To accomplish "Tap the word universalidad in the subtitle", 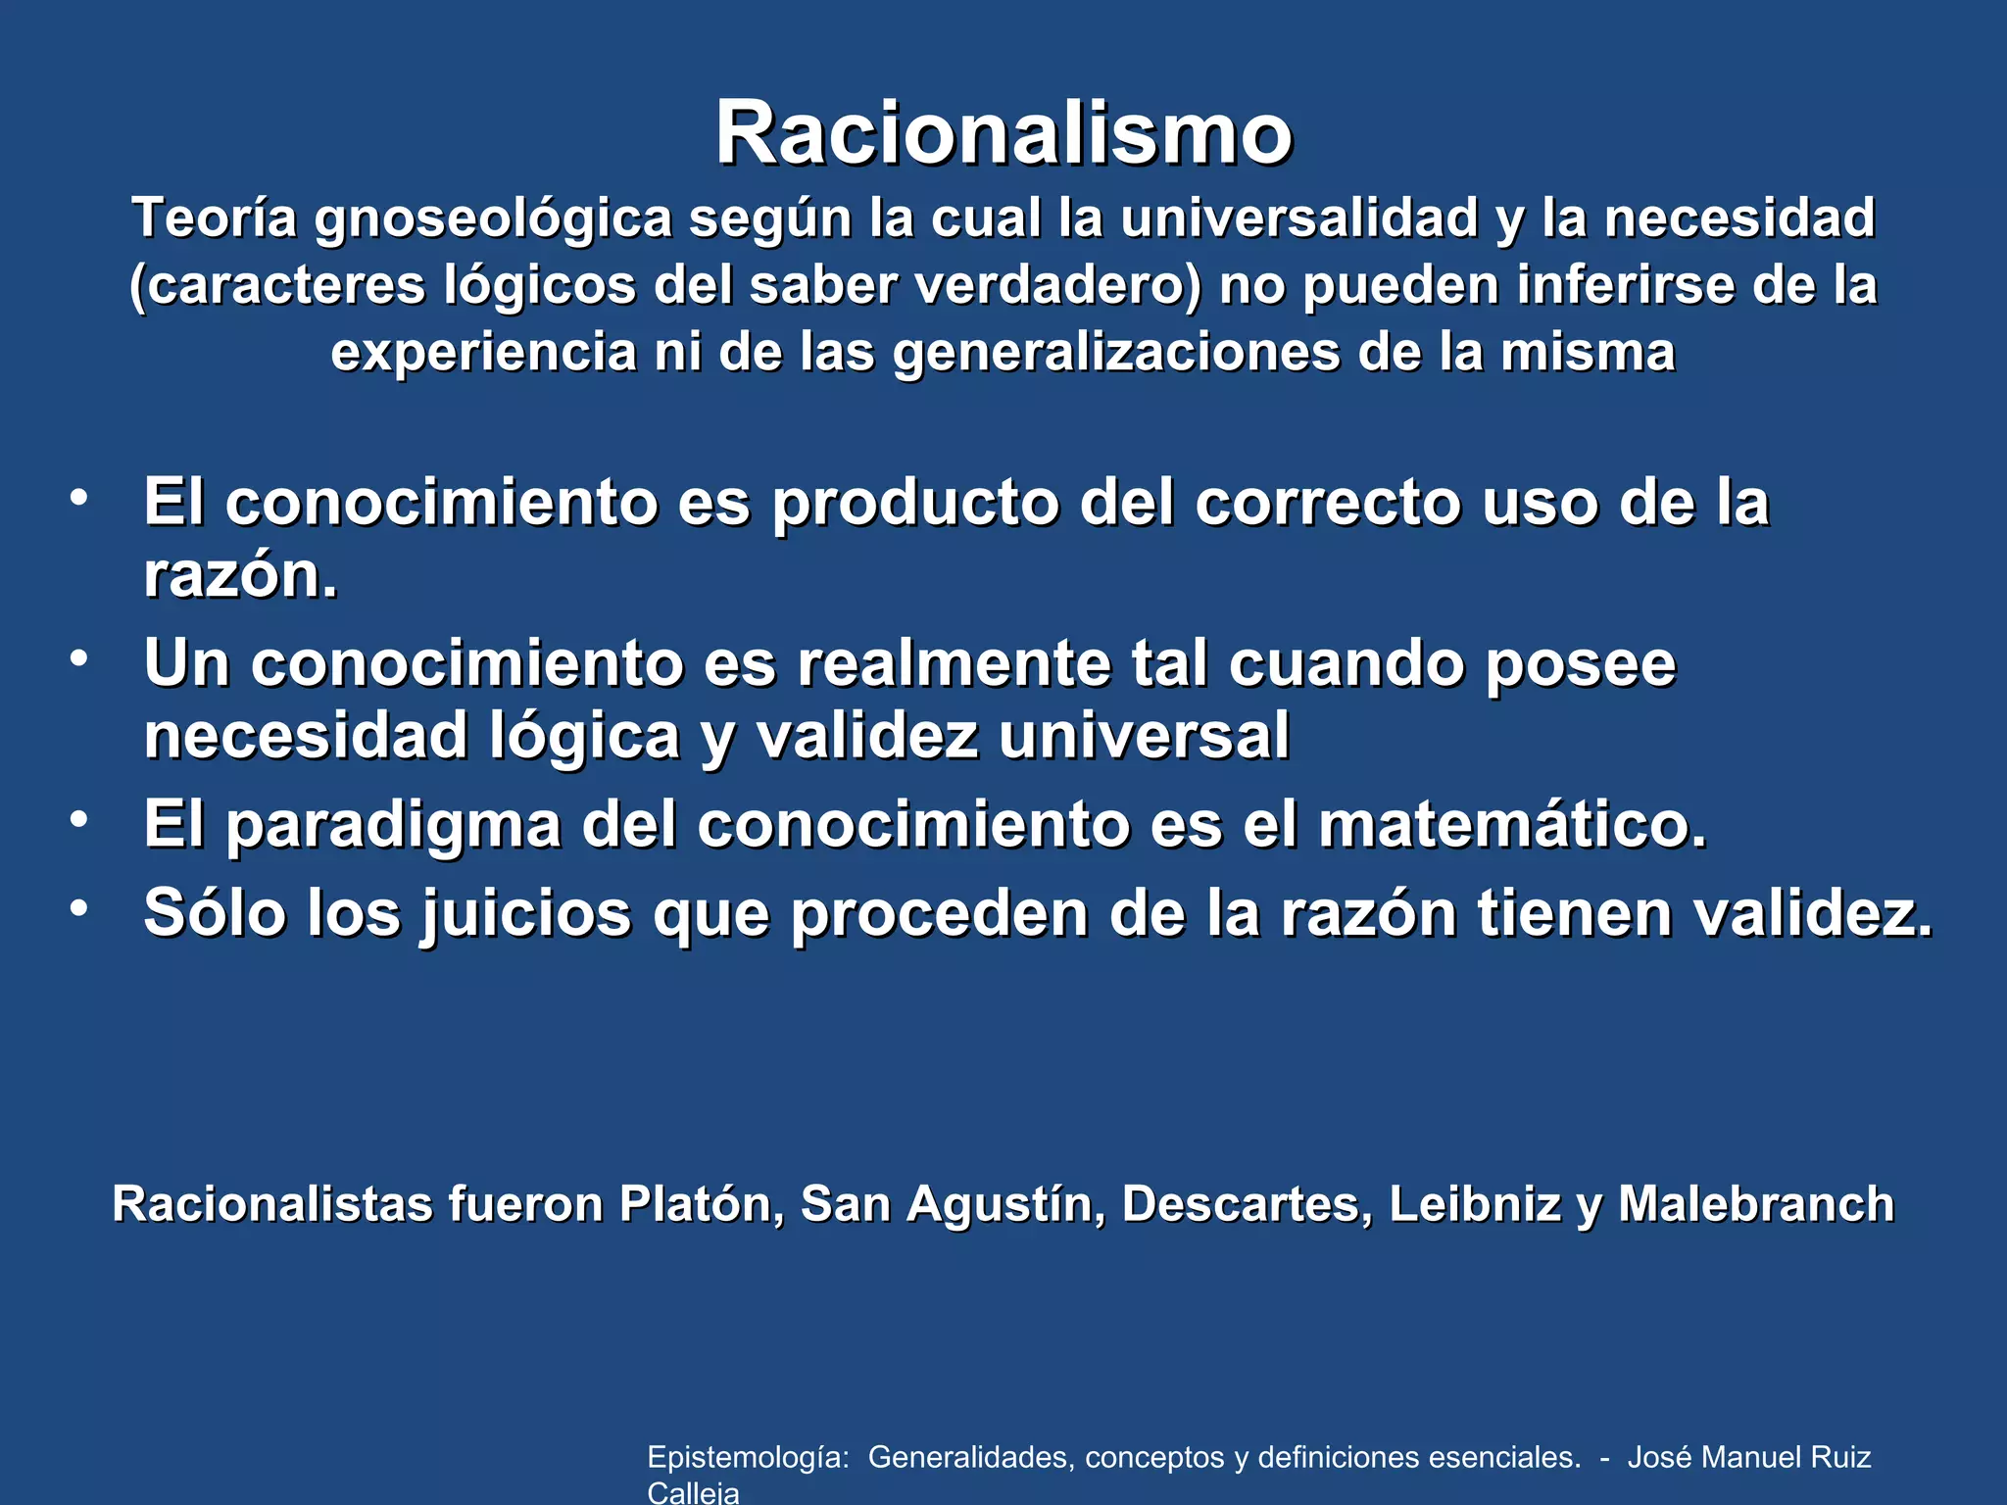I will coord(1298,218).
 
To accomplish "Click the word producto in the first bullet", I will coord(915,503).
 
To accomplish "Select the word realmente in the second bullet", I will coord(954,663).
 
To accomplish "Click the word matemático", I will coord(1512,825).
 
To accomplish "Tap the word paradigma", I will coord(393,825).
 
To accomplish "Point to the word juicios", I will coord(527,914).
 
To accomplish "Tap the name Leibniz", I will coord(1474,1203).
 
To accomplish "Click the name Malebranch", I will coord(1756,1203).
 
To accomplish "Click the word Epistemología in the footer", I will coord(748,1458).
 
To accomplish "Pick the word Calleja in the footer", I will coord(693,1492).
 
